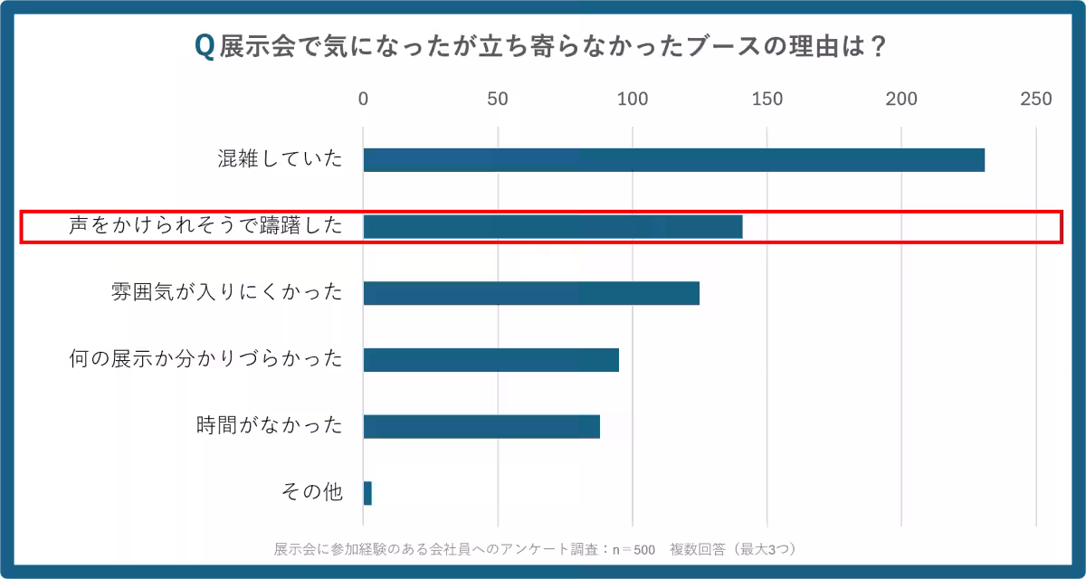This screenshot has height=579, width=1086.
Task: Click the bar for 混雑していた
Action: pos(673,160)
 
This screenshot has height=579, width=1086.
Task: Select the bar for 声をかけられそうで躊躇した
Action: pos(552,227)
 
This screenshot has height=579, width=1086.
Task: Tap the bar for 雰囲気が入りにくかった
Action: pos(531,293)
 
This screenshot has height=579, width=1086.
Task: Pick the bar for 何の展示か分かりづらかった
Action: pos(491,360)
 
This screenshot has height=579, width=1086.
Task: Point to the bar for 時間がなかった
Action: pos(481,426)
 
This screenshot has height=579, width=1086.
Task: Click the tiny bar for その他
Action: pos(367,493)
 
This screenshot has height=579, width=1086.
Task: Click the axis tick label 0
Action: pos(364,100)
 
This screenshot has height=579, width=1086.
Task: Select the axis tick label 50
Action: pos(498,100)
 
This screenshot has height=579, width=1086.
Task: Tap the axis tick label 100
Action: pos(633,100)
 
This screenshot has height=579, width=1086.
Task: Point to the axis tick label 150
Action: pos(767,100)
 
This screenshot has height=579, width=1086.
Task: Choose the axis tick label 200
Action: pos(901,100)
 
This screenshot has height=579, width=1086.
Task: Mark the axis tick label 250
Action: pos(1036,100)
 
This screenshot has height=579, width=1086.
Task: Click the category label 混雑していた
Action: pos(281,160)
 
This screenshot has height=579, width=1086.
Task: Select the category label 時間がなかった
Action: pos(270,426)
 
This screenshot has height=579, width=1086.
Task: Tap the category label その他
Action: pos(312,493)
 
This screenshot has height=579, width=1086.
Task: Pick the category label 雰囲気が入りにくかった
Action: pos(226,293)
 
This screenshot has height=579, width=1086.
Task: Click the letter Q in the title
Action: pos(205,47)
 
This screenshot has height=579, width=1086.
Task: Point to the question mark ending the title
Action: pos(876,47)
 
